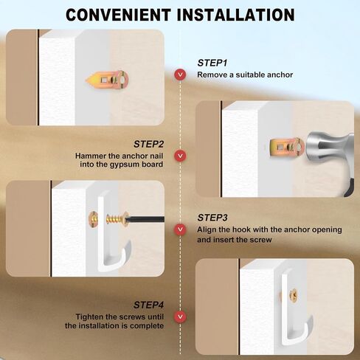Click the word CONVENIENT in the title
(118, 15)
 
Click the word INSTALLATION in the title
(236, 15)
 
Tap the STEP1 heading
(212, 63)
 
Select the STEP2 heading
(148, 144)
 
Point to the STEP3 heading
(212, 218)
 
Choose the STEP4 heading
(148, 305)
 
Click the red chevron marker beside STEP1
(180, 75)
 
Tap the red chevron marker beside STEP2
(180, 156)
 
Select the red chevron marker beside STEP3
(180, 229)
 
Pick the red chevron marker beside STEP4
(180, 316)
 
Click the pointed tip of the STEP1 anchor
(86, 80)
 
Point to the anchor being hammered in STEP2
(287, 148)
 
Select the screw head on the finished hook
(293, 295)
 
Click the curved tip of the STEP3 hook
(128, 244)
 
